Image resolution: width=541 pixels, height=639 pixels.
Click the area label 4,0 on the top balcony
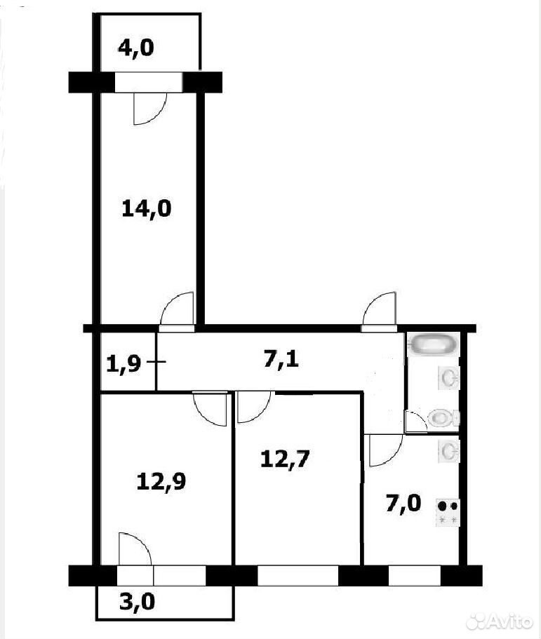135,48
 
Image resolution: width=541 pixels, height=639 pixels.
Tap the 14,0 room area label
147,210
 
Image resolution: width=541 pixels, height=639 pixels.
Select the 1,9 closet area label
123,363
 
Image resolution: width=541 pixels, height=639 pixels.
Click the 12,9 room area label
161,482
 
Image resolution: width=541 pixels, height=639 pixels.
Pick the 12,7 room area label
285,459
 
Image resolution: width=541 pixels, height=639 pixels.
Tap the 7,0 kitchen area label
403,504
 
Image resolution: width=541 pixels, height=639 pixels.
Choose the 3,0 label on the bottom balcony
137,602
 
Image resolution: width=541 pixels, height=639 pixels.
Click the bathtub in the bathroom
434,344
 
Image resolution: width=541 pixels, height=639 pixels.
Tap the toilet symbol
443,418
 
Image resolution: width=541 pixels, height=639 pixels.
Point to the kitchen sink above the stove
448,451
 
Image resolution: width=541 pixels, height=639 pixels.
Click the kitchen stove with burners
448,513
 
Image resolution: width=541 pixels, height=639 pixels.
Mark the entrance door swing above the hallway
379,309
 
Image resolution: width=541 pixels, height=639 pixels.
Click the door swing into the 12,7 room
253,407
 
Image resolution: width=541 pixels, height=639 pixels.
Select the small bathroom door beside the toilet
416,422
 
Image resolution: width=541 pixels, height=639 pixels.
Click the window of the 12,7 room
298,575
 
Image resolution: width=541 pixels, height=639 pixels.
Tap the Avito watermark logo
500,621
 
